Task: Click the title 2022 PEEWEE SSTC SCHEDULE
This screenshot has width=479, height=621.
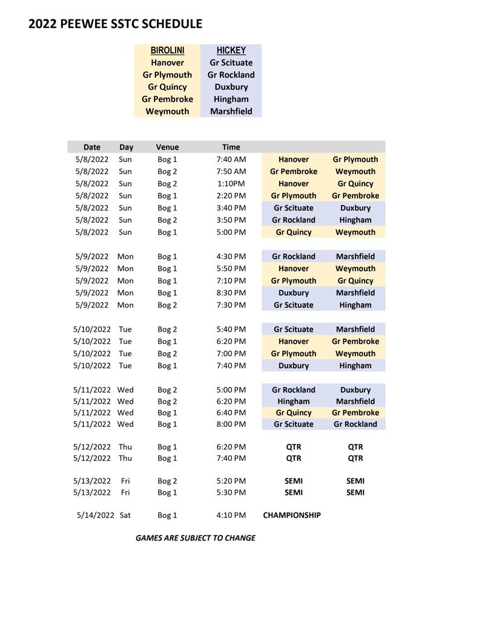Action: pyautogui.click(x=115, y=24)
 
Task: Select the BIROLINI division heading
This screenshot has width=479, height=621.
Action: pyautogui.click(x=167, y=50)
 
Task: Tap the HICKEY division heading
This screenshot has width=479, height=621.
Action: pyautogui.click(x=231, y=50)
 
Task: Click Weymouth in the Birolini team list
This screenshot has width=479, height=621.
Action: pyautogui.click(x=167, y=111)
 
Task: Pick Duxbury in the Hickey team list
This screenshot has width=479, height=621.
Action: pyautogui.click(x=231, y=87)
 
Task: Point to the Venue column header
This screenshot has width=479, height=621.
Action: pyautogui.click(x=167, y=147)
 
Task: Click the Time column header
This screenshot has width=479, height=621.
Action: pyautogui.click(x=231, y=147)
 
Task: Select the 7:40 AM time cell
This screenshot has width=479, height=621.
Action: pyautogui.click(x=231, y=159)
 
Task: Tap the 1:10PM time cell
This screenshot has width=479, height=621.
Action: pyautogui.click(x=231, y=184)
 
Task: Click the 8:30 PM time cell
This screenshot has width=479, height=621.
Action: pyautogui.click(x=231, y=293)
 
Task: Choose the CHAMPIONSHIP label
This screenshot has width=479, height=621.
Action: pyautogui.click(x=292, y=515)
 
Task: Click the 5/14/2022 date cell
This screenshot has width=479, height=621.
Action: pyautogui.click(x=96, y=515)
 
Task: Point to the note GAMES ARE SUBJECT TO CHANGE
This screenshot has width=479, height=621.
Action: pyautogui.click(x=195, y=538)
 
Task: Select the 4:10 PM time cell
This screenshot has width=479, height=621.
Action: pyautogui.click(x=231, y=515)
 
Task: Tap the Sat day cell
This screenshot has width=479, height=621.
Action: pyautogui.click(x=125, y=515)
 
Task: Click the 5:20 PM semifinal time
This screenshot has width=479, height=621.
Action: pyautogui.click(x=231, y=481)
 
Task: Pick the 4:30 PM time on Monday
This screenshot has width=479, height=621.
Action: pyautogui.click(x=231, y=257)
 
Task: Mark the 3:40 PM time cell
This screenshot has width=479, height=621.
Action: pyautogui.click(x=231, y=208)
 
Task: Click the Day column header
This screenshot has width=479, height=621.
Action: pyautogui.click(x=126, y=147)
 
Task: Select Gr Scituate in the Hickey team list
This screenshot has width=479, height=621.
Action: pyautogui.click(x=231, y=62)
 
